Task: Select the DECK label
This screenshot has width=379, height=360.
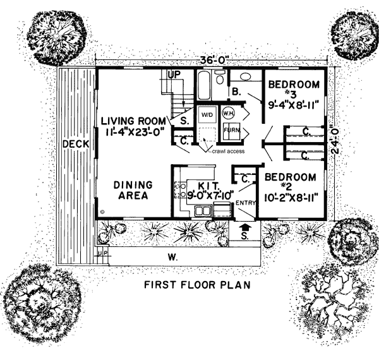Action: click(x=76, y=144)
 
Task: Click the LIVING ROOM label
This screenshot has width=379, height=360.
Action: click(x=133, y=121)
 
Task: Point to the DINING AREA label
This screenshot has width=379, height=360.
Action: click(x=133, y=190)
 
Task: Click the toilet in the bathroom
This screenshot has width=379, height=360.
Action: click(x=220, y=77)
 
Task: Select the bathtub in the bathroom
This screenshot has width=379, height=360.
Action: click(x=204, y=85)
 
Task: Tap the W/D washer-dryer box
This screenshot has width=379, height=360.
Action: click(x=207, y=114)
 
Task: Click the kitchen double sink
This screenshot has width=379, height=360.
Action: click(x=203, y=211)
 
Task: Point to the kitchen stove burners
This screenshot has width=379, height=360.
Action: click(x=180, y=190)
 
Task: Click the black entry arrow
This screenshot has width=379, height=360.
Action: click(x=245, y=227)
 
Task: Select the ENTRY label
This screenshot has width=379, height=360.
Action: click(x=246, y=203)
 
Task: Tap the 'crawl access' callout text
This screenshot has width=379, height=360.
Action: click(x=228, y=151)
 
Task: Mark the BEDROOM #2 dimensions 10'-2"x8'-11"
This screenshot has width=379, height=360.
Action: click(x=290, y=198)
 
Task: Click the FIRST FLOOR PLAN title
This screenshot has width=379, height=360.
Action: click(x=197, y=285)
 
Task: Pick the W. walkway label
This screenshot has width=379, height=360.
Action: click(x=173, y=258)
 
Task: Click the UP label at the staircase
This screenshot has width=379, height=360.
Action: click(x=174, y=75)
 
